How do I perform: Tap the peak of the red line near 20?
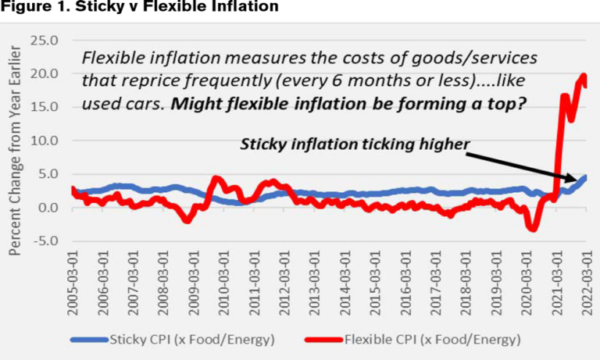(x=583, y=76)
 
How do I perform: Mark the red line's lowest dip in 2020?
(x=533, y=228)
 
